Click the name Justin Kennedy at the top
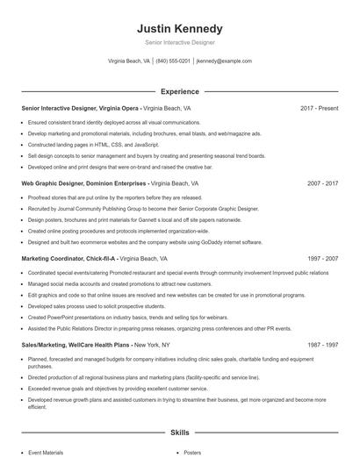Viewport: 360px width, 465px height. coord(179,28)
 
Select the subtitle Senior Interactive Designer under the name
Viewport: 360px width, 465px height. coord(179,42)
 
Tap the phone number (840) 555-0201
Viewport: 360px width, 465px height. coord(173,61)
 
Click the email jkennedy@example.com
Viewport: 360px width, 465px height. coord(224,61)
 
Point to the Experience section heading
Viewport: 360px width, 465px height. coord(180,91)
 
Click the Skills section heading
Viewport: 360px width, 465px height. coord(180,433)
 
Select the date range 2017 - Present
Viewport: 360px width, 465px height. coord(319,108)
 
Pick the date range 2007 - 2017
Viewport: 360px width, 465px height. coord(322,183)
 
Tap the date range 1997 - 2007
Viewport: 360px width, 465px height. coord(322,259)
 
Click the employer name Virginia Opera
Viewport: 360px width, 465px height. coord(119,108)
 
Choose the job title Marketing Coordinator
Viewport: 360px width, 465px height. coord(53,259)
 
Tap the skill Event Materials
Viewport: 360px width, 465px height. coord(46,453)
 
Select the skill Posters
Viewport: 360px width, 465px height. coord(192,453)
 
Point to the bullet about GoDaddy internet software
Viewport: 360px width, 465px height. coord(145,241)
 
